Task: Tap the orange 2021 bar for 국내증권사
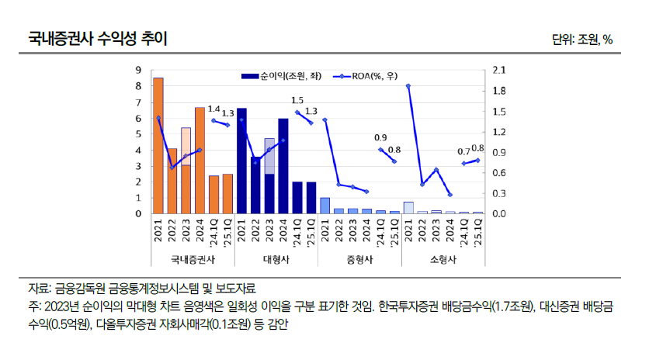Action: coord(158,146)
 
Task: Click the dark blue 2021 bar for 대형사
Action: coord(241,161)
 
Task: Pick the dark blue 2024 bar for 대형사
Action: coord(283,166)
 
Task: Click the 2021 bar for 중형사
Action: coord(325,206)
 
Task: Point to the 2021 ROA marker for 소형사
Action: coord(408,86)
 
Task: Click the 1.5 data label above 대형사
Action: coord(297,100)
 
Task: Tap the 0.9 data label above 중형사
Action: coord(380,137)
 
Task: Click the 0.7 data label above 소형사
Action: coord(463,151)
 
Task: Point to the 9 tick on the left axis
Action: coord(138,70)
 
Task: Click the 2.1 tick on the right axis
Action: coord(498,70)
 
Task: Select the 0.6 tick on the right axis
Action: coord(498,172)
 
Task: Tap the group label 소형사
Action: coord(443,260)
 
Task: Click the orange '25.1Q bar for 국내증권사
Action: coord(227,194)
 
